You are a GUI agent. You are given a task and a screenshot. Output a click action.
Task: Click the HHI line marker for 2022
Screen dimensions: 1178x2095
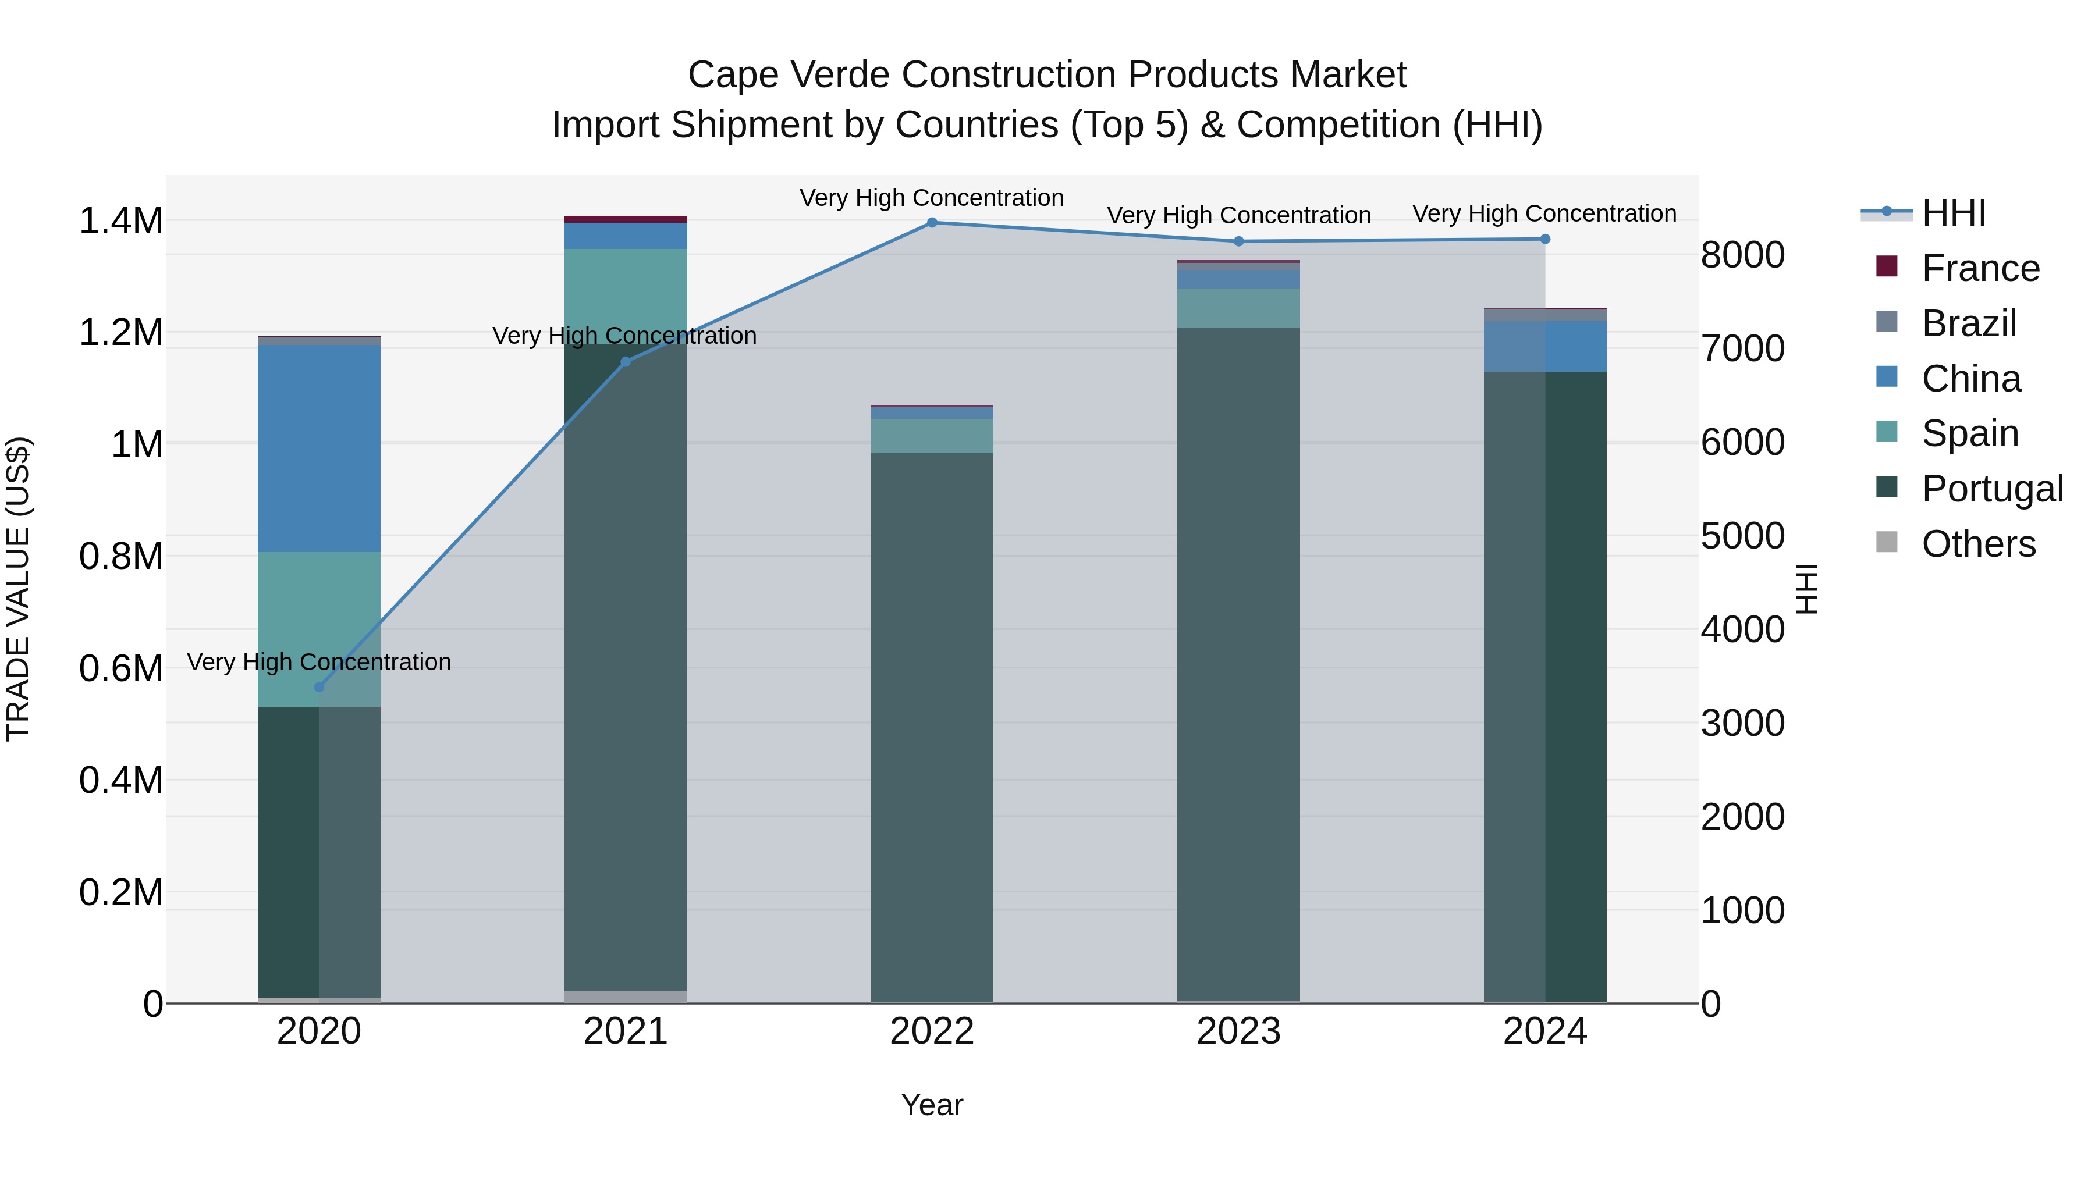pos(932,223)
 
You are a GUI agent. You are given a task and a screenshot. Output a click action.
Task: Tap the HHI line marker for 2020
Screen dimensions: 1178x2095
pos(319,687)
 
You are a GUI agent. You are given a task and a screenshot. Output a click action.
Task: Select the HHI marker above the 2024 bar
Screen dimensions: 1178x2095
pos(1545,239)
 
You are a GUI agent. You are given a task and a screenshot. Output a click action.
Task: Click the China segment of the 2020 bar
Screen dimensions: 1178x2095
pos(319,449)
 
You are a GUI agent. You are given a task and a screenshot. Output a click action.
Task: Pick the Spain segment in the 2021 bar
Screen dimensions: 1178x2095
pos(626,296)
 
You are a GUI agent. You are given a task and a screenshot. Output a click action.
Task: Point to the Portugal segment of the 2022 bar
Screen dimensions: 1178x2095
pos(932,728)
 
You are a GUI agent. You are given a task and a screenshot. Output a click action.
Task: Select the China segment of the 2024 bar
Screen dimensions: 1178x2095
pos(1545,346)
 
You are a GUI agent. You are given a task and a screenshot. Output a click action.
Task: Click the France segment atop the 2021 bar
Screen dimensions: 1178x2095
pos(626,219)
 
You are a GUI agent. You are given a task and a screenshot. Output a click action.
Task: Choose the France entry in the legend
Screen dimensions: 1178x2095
pos(1980,268)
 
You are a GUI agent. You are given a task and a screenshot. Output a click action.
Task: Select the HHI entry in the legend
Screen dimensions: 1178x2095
pos(1954,213)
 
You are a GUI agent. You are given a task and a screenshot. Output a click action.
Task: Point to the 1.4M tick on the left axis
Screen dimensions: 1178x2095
pos(120,221)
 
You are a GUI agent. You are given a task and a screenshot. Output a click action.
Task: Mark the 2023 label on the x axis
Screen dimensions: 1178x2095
pos(1238,1031)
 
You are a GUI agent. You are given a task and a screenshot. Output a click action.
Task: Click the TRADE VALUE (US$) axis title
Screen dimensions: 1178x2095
pos(18,589)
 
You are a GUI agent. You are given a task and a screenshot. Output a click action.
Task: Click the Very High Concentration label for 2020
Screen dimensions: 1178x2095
pos(319,662)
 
